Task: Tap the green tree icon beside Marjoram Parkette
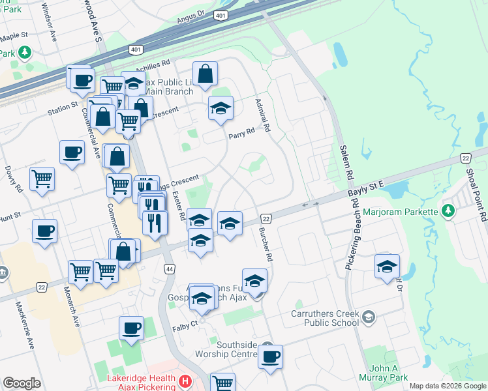point(448,211)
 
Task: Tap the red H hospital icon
point(185,380)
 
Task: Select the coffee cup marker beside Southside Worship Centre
point(270,357)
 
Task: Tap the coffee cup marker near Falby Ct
point(131,328)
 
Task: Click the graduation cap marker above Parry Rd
point(221,108)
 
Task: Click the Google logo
point(22,383)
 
